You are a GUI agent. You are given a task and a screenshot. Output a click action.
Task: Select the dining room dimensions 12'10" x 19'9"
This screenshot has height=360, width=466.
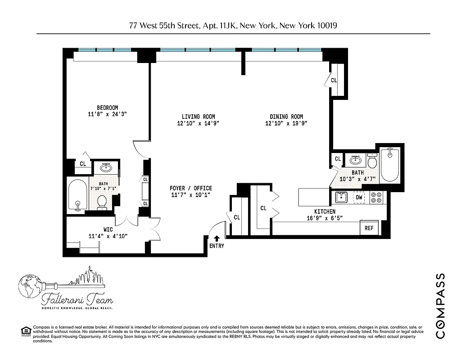(286, 123)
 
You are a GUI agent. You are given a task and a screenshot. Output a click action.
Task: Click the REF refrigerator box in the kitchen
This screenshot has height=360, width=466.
(369, 228)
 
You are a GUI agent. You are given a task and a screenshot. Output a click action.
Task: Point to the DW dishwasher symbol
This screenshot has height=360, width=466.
(359, 197)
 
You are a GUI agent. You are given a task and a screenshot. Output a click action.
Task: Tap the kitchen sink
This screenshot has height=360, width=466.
(341, 197)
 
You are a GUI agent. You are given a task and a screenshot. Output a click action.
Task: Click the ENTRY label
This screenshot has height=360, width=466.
(217, 246)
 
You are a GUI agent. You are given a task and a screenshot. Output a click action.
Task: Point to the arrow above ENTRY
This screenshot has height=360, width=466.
(217, 238)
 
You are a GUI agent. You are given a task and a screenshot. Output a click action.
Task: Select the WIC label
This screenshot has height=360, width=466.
(108, 229)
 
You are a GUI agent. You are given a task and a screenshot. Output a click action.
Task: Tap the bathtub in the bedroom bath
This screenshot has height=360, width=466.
(77, 194)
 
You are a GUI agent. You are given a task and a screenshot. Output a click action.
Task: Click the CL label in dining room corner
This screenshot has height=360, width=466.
(334, 81)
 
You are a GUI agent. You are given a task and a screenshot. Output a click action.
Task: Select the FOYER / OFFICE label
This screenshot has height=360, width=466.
(190, 188)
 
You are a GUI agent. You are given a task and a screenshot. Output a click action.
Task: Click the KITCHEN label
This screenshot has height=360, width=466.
(324, 211)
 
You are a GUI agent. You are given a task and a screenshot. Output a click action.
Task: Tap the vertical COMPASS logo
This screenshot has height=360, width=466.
(441, 306)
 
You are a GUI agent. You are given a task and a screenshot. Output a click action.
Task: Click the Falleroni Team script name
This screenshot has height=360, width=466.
(77, 299)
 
